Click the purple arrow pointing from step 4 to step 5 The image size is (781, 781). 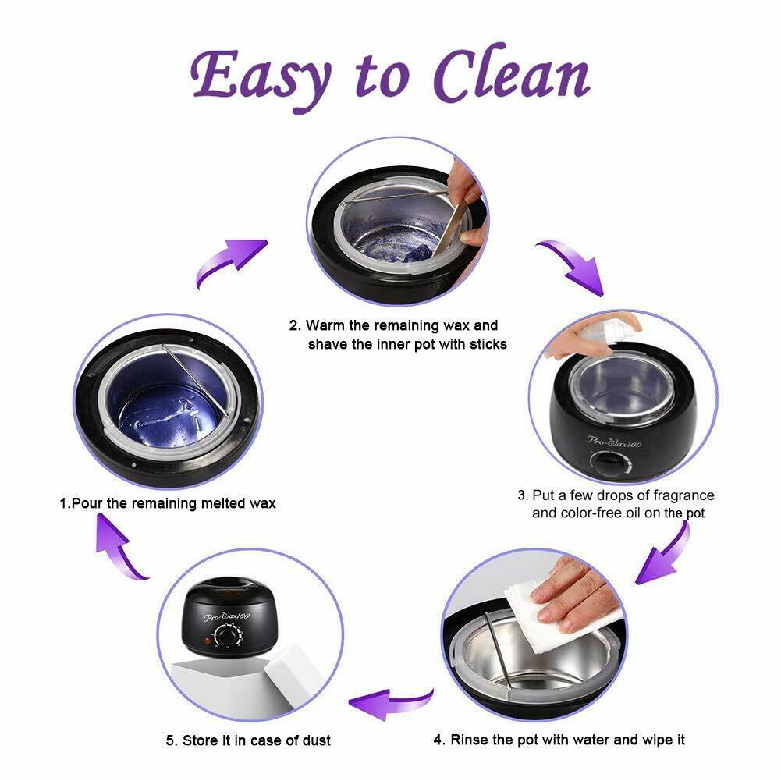coord(390,703)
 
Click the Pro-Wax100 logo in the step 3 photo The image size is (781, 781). coord(613,442)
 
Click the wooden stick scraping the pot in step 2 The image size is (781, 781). coord(454,222)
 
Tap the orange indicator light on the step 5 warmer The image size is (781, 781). coord(207,641)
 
